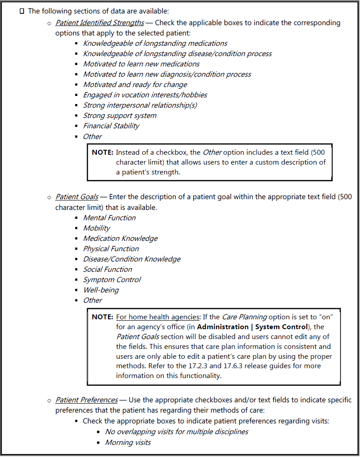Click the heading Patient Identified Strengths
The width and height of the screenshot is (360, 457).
point(100,22)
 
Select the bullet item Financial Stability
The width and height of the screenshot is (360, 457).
point(111,126)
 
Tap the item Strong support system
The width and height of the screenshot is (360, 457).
point(120,116)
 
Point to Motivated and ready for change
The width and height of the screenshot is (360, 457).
point(135,85)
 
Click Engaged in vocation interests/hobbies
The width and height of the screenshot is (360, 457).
point(145,95)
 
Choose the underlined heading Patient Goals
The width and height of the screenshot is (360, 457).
point(77,197)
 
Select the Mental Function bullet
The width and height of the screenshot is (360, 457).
point(109,218)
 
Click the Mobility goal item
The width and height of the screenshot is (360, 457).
point(96,228)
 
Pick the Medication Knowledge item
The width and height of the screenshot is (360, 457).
point(120,239)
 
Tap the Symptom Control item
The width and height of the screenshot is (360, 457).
point(112,280)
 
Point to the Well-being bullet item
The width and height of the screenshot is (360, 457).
point(101,290)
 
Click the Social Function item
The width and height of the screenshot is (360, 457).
point(108,270)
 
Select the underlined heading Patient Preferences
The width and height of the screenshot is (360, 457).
point(87,400)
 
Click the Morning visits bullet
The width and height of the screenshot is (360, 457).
point(128,443)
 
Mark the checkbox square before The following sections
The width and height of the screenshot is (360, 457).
point(22,11)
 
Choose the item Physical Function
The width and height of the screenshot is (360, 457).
point(111,249)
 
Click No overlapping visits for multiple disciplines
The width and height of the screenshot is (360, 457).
point(177,432)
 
